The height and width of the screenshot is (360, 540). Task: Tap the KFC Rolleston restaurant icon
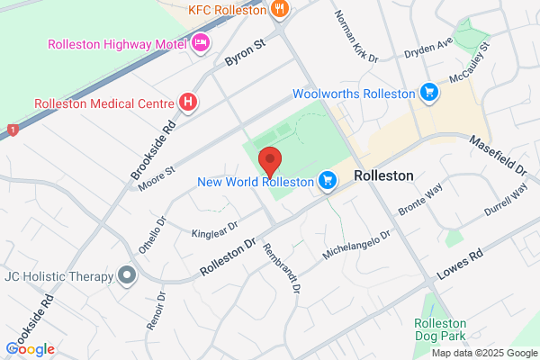coord(280,10)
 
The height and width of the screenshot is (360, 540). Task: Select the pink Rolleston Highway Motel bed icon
coord(200,43)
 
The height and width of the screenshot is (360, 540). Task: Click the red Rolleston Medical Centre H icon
coord(188,103)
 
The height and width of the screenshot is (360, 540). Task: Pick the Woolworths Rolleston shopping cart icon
coord(429,93)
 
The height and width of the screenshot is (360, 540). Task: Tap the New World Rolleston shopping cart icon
coord(327,182)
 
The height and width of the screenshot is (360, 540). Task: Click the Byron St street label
coord(246,57)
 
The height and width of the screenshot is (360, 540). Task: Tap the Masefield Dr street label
coord(497,154)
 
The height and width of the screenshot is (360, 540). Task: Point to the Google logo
coord(31,348)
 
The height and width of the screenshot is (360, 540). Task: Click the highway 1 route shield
coord(13,130)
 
